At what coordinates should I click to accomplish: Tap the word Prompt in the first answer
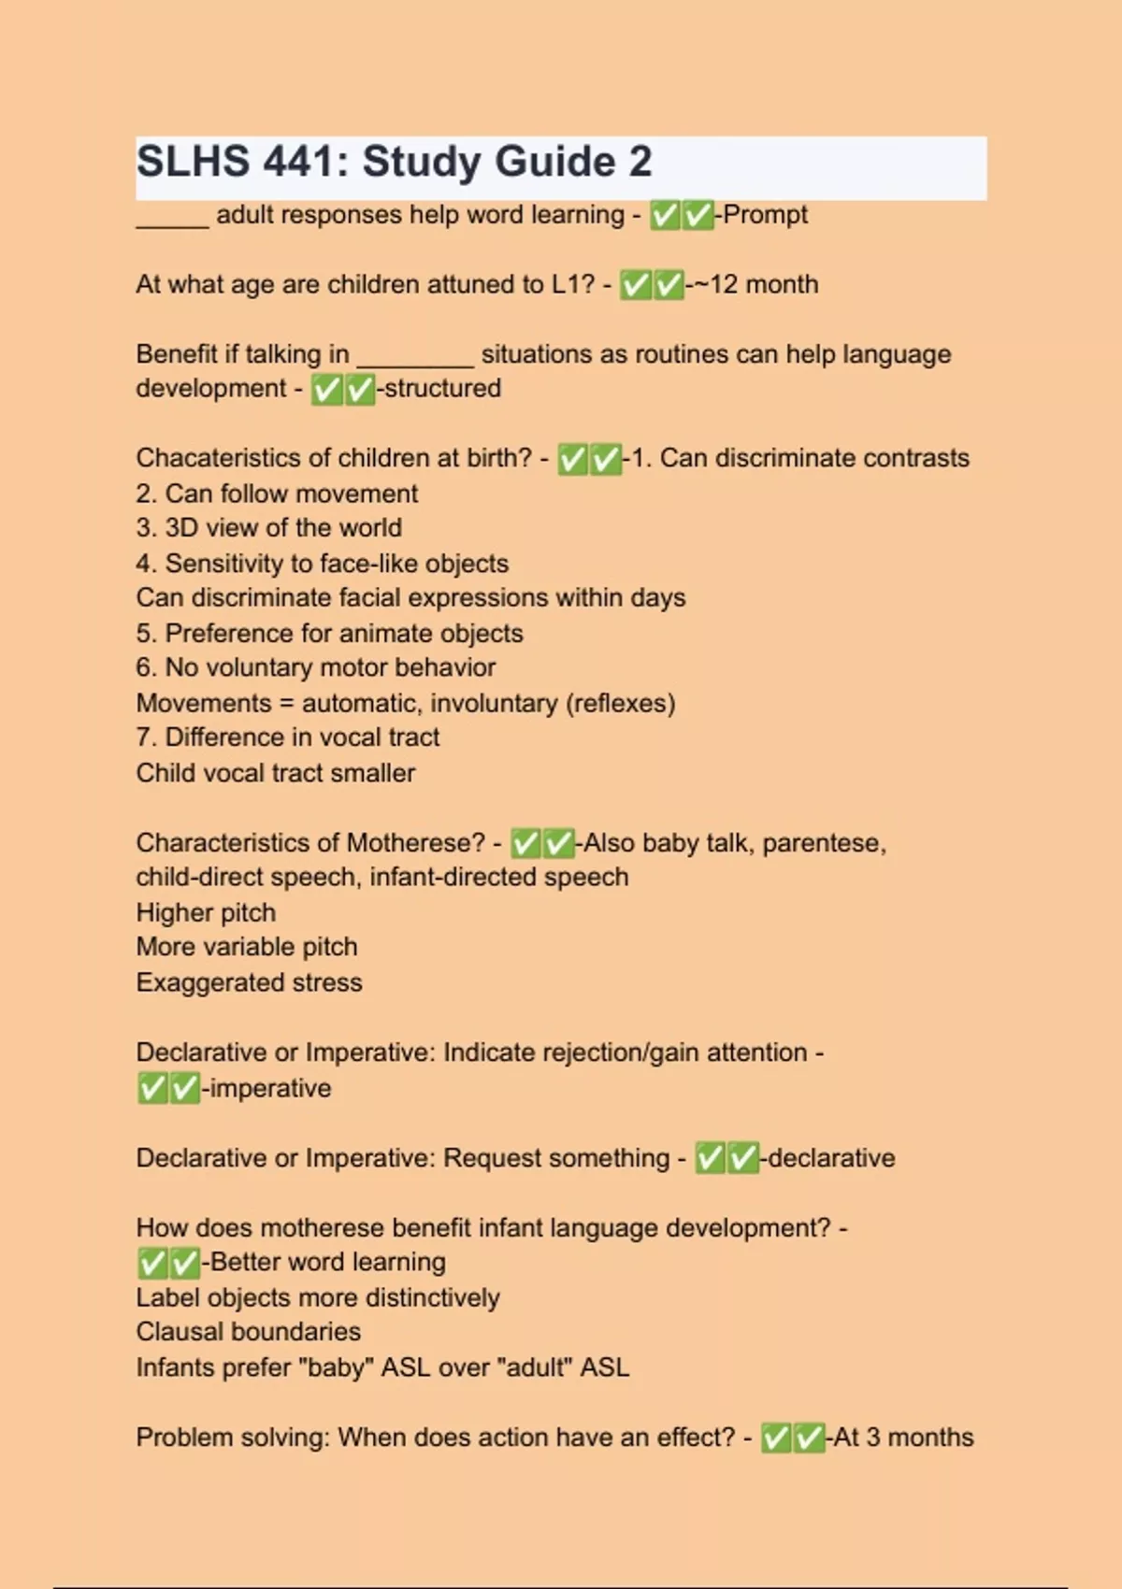765,215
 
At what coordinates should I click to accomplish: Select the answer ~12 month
756,284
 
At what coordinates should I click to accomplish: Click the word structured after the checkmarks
442,388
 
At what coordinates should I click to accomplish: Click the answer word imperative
269,1088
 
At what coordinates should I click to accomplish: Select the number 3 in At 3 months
872,1438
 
